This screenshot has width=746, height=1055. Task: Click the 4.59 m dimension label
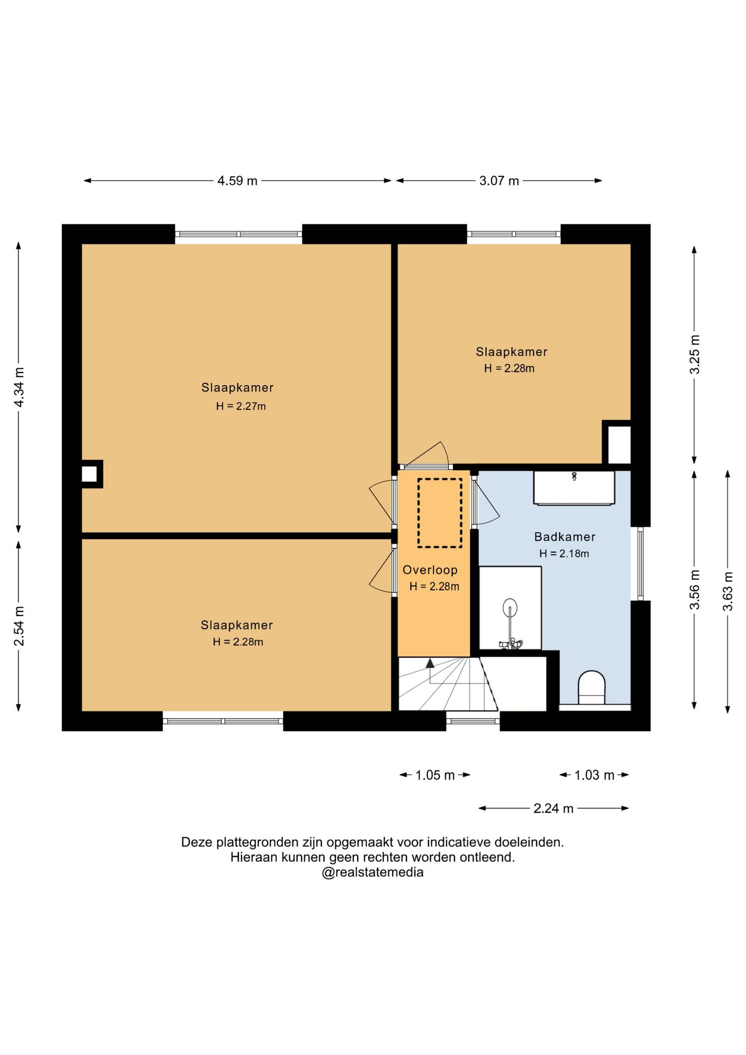237,181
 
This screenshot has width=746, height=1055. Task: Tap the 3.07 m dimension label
499,181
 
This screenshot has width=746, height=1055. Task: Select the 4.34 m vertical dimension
19,387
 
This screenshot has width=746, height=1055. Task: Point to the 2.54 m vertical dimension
19,626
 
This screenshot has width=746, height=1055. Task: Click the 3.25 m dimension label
695,354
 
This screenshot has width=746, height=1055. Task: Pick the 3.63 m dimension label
728,591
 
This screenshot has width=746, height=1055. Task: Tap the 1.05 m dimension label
435,775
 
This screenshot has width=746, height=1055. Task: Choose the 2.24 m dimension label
553,808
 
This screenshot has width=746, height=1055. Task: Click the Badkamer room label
565,537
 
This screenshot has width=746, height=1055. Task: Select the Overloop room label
430,570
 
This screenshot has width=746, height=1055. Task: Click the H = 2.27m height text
241,406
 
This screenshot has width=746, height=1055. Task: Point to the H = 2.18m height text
564,553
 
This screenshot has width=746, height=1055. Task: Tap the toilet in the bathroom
592,687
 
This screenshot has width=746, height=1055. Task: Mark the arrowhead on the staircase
430,663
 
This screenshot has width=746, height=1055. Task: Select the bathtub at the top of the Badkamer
574,487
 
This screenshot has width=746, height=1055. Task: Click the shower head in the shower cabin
510,606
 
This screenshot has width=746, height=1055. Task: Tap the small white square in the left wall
90,474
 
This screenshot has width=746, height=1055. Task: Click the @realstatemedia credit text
372,873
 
